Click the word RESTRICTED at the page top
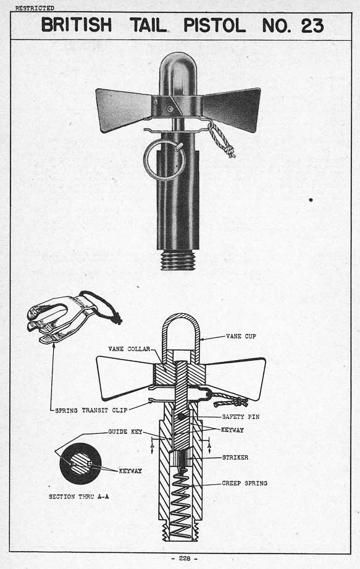(35, 8)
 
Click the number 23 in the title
(312, 25)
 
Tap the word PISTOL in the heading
(214, 25)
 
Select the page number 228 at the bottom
(185, 558)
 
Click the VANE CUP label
(241, 336)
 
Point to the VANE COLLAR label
(129, 349)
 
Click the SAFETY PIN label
(241, 417)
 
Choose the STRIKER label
(235, 458)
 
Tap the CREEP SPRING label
(245, 483)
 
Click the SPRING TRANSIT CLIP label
(91, 410)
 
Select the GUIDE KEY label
(125, 432)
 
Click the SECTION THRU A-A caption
(78, 497)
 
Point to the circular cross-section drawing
(80, 464)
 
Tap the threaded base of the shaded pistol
(178, 260)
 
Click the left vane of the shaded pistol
(123, 109)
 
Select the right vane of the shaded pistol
(232, 109)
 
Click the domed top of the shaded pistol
(178, 69)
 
